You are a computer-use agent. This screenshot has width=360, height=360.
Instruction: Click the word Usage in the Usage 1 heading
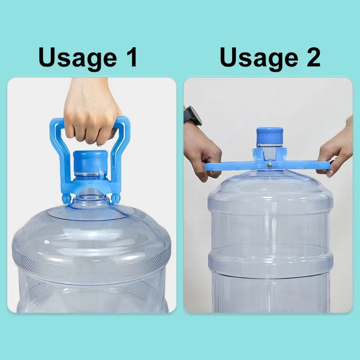(x=77, y=58)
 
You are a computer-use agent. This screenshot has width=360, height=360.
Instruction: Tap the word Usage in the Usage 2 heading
(x=259, y=58)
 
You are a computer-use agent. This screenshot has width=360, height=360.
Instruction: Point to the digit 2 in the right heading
(x=313, y=57)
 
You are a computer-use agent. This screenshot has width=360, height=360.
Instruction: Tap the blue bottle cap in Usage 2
(x=270, y=136)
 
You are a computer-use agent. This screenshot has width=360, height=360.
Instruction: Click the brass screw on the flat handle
(x=270, y=165)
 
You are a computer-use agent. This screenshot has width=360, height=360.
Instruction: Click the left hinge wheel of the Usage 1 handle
(x=66, y=198)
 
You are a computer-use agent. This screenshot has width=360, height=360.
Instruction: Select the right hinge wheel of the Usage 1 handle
(x=116, y=198)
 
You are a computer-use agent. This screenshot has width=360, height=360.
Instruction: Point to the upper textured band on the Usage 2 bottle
(x=270, y=205)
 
